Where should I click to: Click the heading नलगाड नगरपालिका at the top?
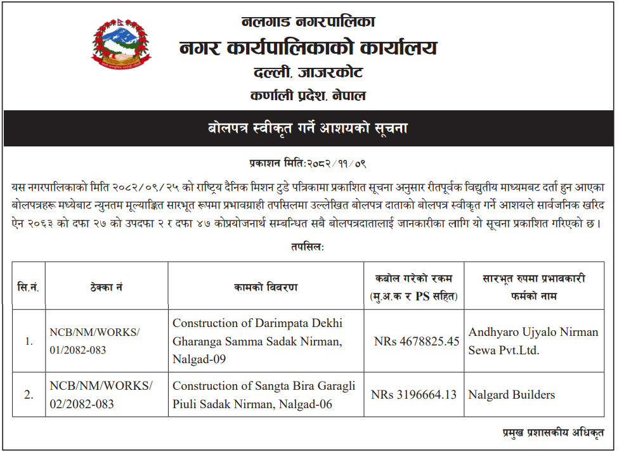point(308,22)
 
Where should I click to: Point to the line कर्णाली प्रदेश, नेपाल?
point(308,96)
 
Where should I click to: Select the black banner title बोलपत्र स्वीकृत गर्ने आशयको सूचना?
point(308,128)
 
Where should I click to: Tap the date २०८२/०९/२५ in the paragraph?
point(140,188)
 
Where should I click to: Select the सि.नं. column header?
point(28,286)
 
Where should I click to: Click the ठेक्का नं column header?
point(106,287)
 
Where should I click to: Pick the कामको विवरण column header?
point(265,287)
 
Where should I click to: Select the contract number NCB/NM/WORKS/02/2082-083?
point(101,394)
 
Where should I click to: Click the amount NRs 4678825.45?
point(416,342)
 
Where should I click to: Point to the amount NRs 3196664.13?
point(413,395)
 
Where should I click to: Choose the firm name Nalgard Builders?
point(511,395)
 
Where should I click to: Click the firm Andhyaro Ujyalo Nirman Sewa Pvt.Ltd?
point(533,341)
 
